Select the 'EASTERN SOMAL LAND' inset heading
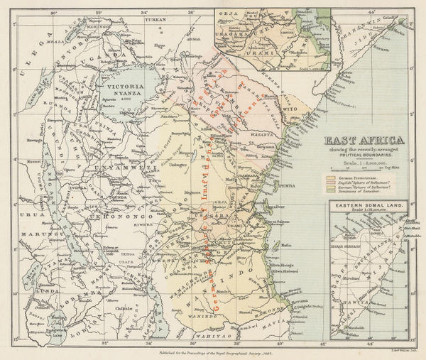click(365, 204)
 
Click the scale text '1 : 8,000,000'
click(364, 163)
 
